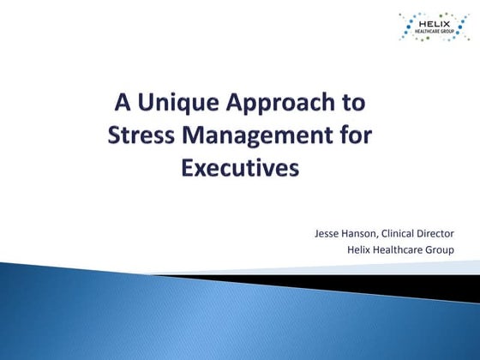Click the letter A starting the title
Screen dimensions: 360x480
click(123, 105)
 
